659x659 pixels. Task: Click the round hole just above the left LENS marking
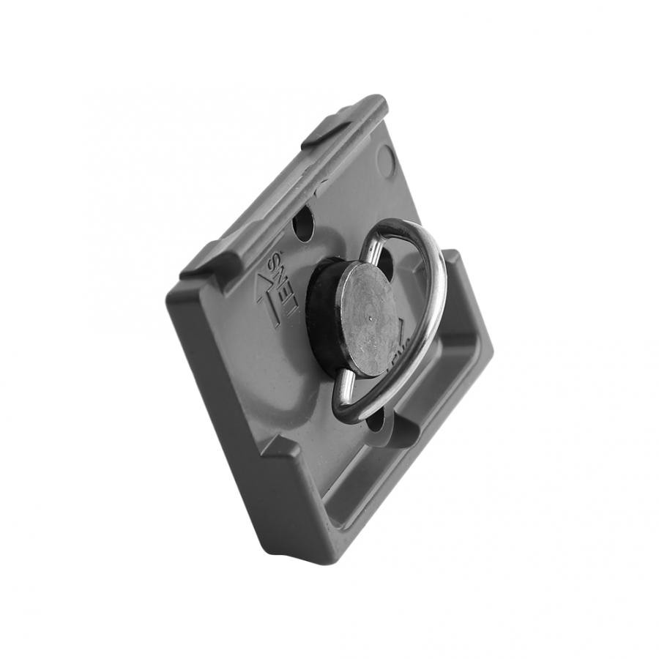click(x=303, y=225)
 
